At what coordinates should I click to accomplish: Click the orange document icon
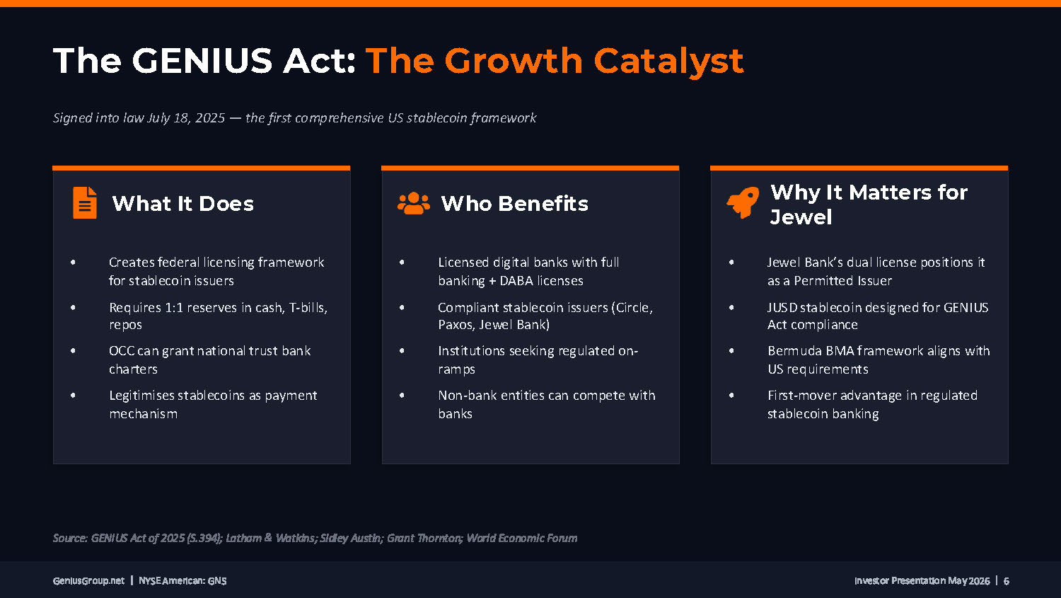point(85,203)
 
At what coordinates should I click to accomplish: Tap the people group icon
point(414,203)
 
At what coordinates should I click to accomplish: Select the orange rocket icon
point(742,202)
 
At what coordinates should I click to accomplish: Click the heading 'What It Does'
point(182,204)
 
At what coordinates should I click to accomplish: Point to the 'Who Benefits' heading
point(514,204)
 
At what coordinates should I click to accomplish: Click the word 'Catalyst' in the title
point(668,62)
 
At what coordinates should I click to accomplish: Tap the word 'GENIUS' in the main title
point(202,61)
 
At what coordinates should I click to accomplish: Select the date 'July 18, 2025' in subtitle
point(185,117)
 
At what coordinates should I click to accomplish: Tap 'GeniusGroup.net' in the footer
point(88,581)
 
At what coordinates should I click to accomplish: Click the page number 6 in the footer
point(1006,581)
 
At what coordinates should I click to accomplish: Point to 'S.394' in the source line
point(204,539)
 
